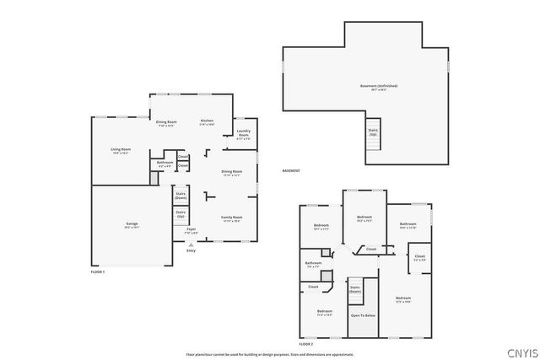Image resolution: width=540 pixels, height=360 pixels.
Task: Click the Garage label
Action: (x=132, y=224)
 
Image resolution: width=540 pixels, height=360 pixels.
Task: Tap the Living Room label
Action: (x=121, y=150)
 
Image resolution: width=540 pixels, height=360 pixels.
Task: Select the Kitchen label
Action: (x=207, y=121)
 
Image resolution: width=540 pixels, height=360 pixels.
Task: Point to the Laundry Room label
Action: (x=243, y=132)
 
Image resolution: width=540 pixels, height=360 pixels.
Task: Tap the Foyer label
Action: (x=192, y=229)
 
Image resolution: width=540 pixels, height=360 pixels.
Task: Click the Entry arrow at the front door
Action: (x=191, y=244)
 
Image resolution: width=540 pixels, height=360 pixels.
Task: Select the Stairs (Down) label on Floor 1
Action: (x=181, y=195)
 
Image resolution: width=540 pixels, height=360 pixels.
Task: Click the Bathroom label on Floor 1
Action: (x=165, y=163)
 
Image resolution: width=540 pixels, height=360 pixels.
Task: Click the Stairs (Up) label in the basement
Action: (x=372, y=132)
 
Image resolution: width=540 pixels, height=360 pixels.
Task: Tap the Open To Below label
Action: (x=363, y=315)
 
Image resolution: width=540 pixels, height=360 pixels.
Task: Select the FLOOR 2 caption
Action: (x=306, y=345)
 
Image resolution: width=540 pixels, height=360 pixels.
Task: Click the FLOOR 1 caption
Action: (x=97, y=271)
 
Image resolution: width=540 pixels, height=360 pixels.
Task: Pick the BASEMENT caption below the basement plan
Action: (x=291, y=171)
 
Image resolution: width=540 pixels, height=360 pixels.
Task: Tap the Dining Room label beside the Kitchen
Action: (x=165, y=124)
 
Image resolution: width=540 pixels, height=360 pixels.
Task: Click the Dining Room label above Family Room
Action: (x=231, y=173)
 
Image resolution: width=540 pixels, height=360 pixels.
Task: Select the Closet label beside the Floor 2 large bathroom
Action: (x=419, y=256)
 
